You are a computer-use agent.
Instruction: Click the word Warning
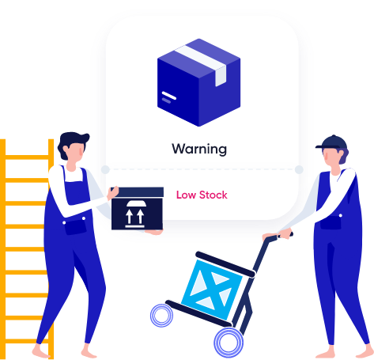[x=199, y=149]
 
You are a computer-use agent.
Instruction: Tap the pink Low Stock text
[x=202, y=195]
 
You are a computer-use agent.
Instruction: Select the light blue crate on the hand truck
[x=212, y=290]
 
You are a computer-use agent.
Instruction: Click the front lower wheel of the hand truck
[x=229, y=343]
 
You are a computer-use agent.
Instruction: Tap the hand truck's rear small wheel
[x=161, y=316]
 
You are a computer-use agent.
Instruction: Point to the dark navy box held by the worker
[x=138, y=208]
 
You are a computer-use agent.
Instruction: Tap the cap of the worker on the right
[x=331, y=142]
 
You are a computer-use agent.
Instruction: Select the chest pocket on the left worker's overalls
[x=75, y=227]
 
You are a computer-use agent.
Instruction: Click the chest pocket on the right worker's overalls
[x=331, y=222]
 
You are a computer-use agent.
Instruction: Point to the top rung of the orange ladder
[x=27, y=157]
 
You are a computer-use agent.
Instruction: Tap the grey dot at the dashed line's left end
[x=105, y=169]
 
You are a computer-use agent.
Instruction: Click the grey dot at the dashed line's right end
[x=299, y=169]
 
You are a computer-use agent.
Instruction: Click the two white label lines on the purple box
[x=168, y=97]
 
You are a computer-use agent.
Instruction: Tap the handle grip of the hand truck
[x=285, y=235]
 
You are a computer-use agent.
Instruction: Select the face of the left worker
[x=74, y=152]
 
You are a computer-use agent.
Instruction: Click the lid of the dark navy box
[x=138, y=192]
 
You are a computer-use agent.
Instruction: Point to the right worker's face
[x=331, y=157]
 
